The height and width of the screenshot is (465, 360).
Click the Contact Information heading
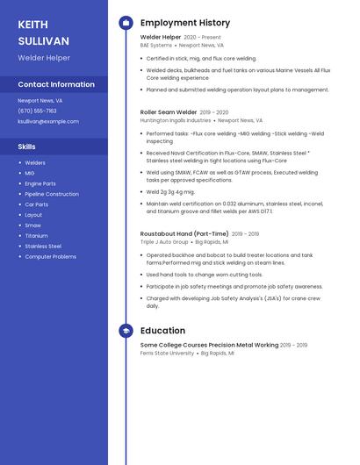(56, 85)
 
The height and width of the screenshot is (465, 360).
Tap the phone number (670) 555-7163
(37, 111)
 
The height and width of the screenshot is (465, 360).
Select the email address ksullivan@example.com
(48, 121)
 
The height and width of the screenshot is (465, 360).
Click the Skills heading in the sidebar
(27, 147)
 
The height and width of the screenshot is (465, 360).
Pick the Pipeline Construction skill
(52, 194)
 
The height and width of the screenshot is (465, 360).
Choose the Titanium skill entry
(36, 236)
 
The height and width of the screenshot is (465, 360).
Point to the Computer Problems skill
(50, 257)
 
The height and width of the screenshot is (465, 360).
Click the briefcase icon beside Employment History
(126, 23)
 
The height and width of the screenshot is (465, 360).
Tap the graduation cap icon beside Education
(126, 331)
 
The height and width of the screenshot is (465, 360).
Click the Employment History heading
(185, 23)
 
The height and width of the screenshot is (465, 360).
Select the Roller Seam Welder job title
(169, 112)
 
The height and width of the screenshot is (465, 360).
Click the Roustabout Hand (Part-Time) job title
(184, 234)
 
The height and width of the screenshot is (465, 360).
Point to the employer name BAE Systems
(156, 45)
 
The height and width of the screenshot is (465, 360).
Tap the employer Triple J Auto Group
(164, 241)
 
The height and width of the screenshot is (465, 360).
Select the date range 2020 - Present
(203, 38)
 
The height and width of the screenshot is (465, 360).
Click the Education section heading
(162, 331)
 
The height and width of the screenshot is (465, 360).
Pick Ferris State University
(167, 353)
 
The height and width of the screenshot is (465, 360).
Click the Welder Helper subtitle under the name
(44, 58)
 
